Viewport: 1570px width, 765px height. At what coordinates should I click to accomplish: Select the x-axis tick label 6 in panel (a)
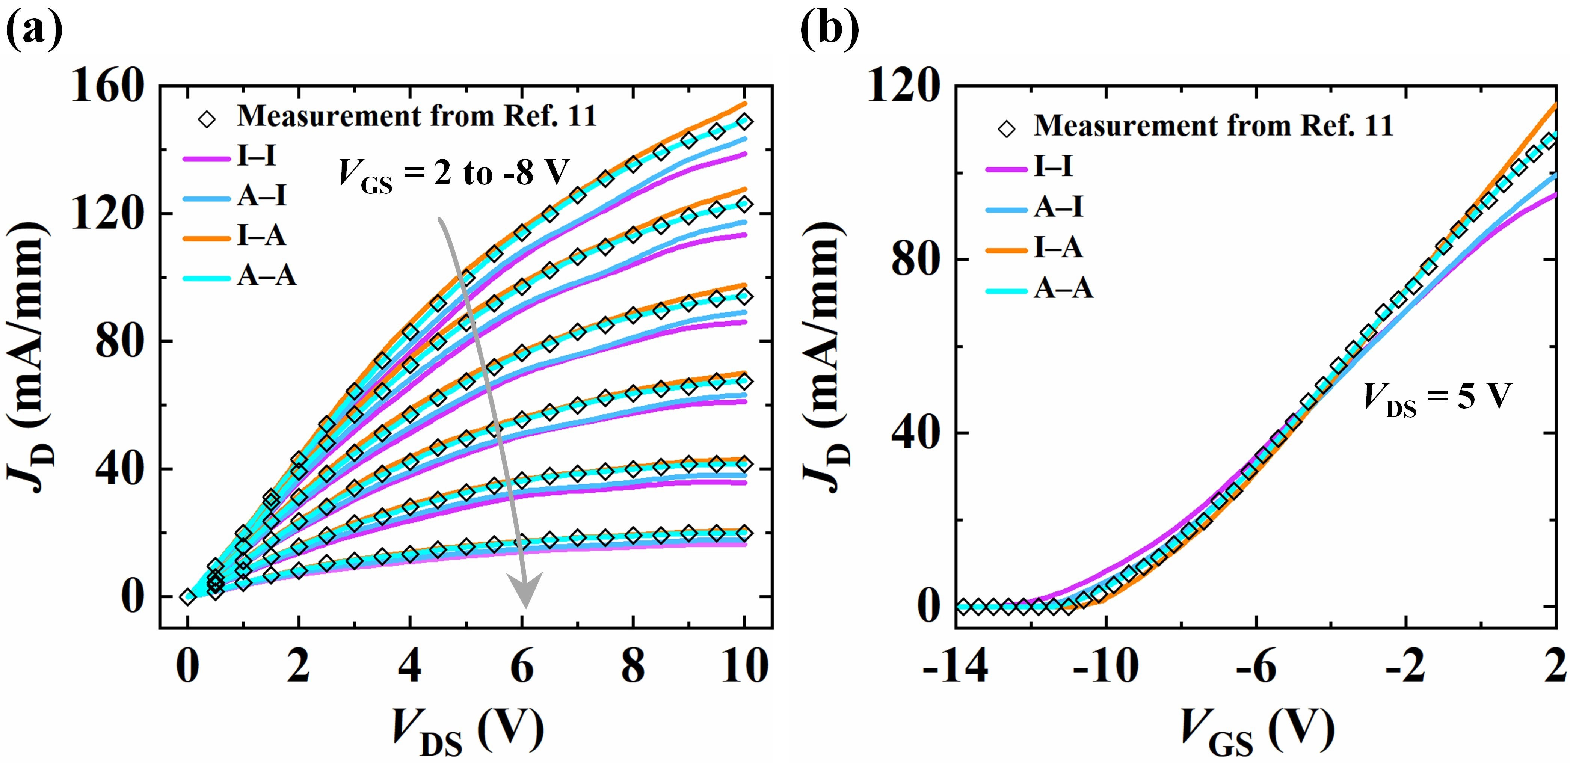click(x=522, y=666)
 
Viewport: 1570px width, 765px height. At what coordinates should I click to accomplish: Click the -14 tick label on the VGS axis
click(x=955, y=666)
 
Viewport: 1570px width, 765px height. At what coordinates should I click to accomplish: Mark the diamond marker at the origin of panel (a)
click(x=188, y=597)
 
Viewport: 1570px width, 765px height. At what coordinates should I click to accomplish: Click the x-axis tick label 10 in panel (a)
click(x=744, y=666)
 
